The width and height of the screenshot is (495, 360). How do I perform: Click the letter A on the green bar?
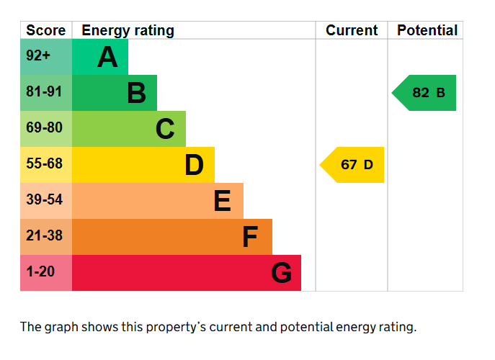pos(107,58)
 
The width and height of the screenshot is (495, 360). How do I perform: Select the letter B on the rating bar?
pos(136,93)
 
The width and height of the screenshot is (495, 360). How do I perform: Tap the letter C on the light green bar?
pos(165,129)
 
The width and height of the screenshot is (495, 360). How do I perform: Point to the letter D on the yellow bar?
pos(194,165)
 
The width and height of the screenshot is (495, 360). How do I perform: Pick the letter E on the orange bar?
pos(222,201)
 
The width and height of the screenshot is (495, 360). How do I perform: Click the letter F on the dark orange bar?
pos(250,237)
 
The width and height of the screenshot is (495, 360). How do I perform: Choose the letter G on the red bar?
pos(281,273)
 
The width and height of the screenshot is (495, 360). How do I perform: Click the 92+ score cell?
pos(38,56)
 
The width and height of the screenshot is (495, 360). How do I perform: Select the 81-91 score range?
pos(45,92)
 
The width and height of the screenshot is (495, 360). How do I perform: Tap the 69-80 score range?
pos(45,128)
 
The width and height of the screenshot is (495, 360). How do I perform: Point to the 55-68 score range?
pos(45,164)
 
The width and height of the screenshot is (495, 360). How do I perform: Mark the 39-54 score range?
pos(45,200)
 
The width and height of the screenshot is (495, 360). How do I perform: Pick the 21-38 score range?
pos(45,236)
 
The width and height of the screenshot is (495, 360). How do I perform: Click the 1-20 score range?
pos(40,272)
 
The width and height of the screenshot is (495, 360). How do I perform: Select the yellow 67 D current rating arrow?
pos(353,165)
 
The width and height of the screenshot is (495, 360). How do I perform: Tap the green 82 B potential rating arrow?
pos(425,93)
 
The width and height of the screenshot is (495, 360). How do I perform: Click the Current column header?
pos(352,30)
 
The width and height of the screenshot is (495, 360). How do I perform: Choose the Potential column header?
pos(427,30)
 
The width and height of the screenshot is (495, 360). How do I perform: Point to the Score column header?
pos(46,30)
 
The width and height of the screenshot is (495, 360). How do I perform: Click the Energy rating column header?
pos(128,30)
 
